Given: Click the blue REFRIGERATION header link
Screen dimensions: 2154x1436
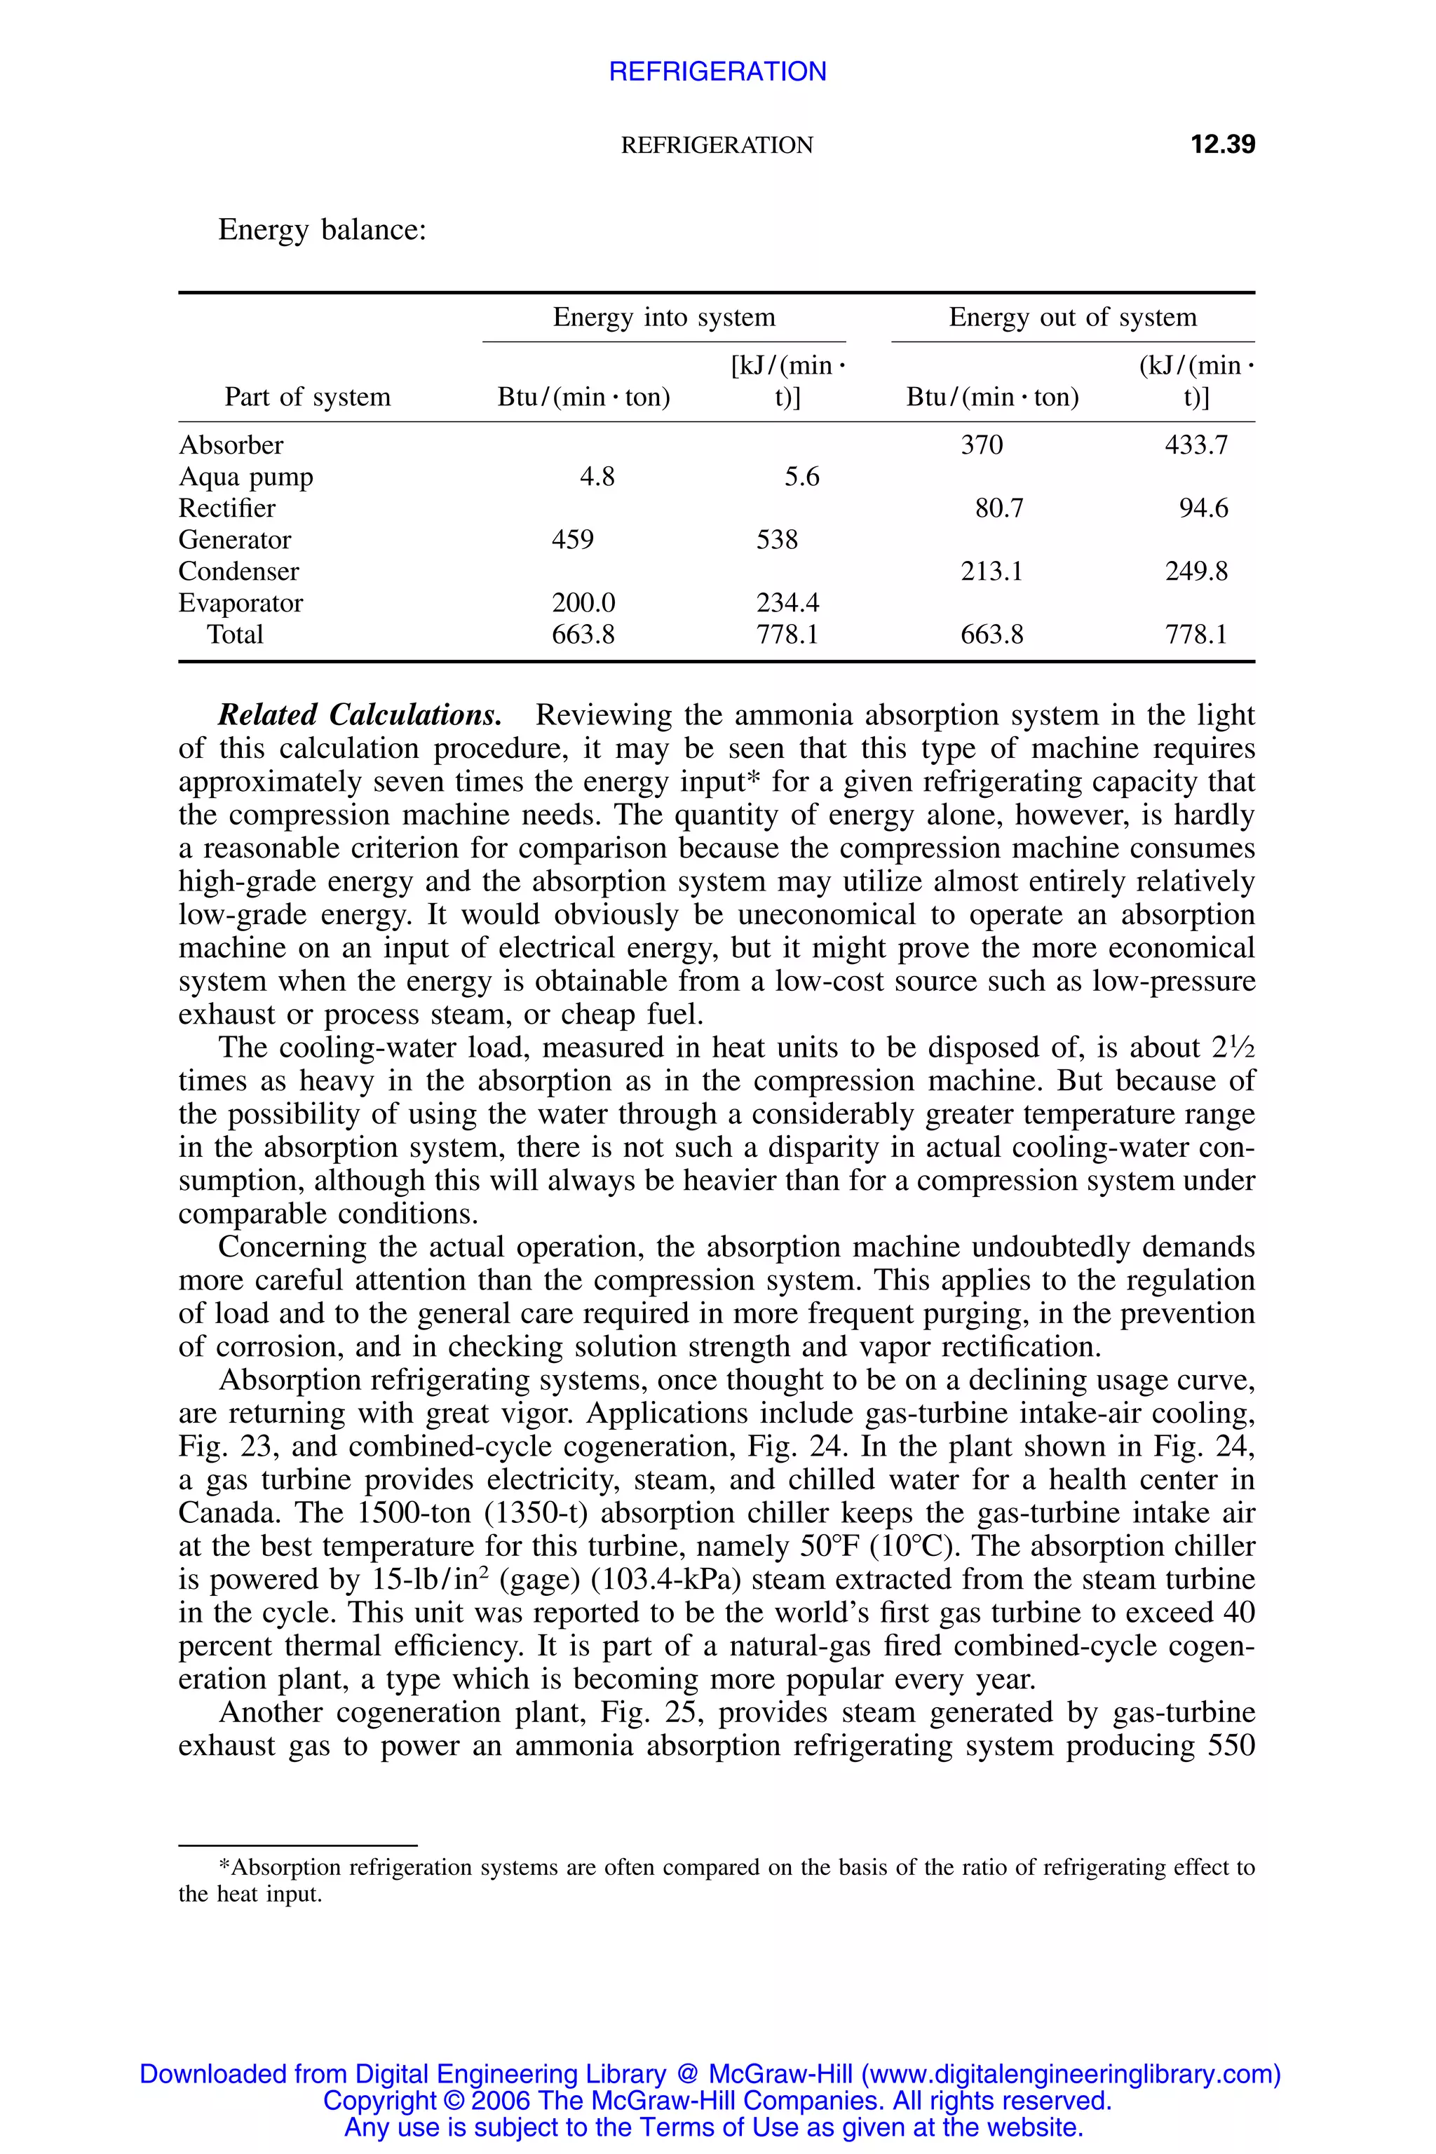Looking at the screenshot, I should pyautogui.click(x=717, y=72).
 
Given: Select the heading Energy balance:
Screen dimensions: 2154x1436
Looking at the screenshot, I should pyautogui.click(x=323, y=229).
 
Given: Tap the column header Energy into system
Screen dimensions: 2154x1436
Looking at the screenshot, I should pyautogui.click(x=664, y=317).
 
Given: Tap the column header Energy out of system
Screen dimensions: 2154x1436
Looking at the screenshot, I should pyautogui.click(x=1072, y=317).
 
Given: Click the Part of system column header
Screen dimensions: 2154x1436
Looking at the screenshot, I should pyautogui.click(x=308, y=397).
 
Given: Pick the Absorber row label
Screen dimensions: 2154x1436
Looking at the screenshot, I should pyautogui.click(x=231, y=445).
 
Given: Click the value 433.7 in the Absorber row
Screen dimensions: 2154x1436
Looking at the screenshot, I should pyautogui.click(x=1196, y=445).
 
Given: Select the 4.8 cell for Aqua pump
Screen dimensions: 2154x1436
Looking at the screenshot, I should pyautogui.click(x=597, y=476).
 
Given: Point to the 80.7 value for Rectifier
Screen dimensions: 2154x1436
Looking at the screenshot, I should pyautogui.click(x=999, y=508).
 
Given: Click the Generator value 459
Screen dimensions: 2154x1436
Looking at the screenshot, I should pyautogui.click(x=572, y=539).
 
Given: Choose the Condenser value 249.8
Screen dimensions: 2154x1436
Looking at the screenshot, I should pyautogui.click(x=1196, y=571).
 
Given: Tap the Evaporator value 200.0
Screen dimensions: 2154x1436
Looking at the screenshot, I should pyautogui.click(x=583, y=602).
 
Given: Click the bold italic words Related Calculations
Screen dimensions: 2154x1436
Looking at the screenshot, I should pyautogui.click(x=359, y=714).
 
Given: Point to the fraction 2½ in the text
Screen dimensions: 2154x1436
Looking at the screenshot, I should pyautogui.click(x=1233, y=1047).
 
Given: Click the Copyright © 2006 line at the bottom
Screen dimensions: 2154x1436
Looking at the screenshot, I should pyautogui.click(x=717, y=2100).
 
